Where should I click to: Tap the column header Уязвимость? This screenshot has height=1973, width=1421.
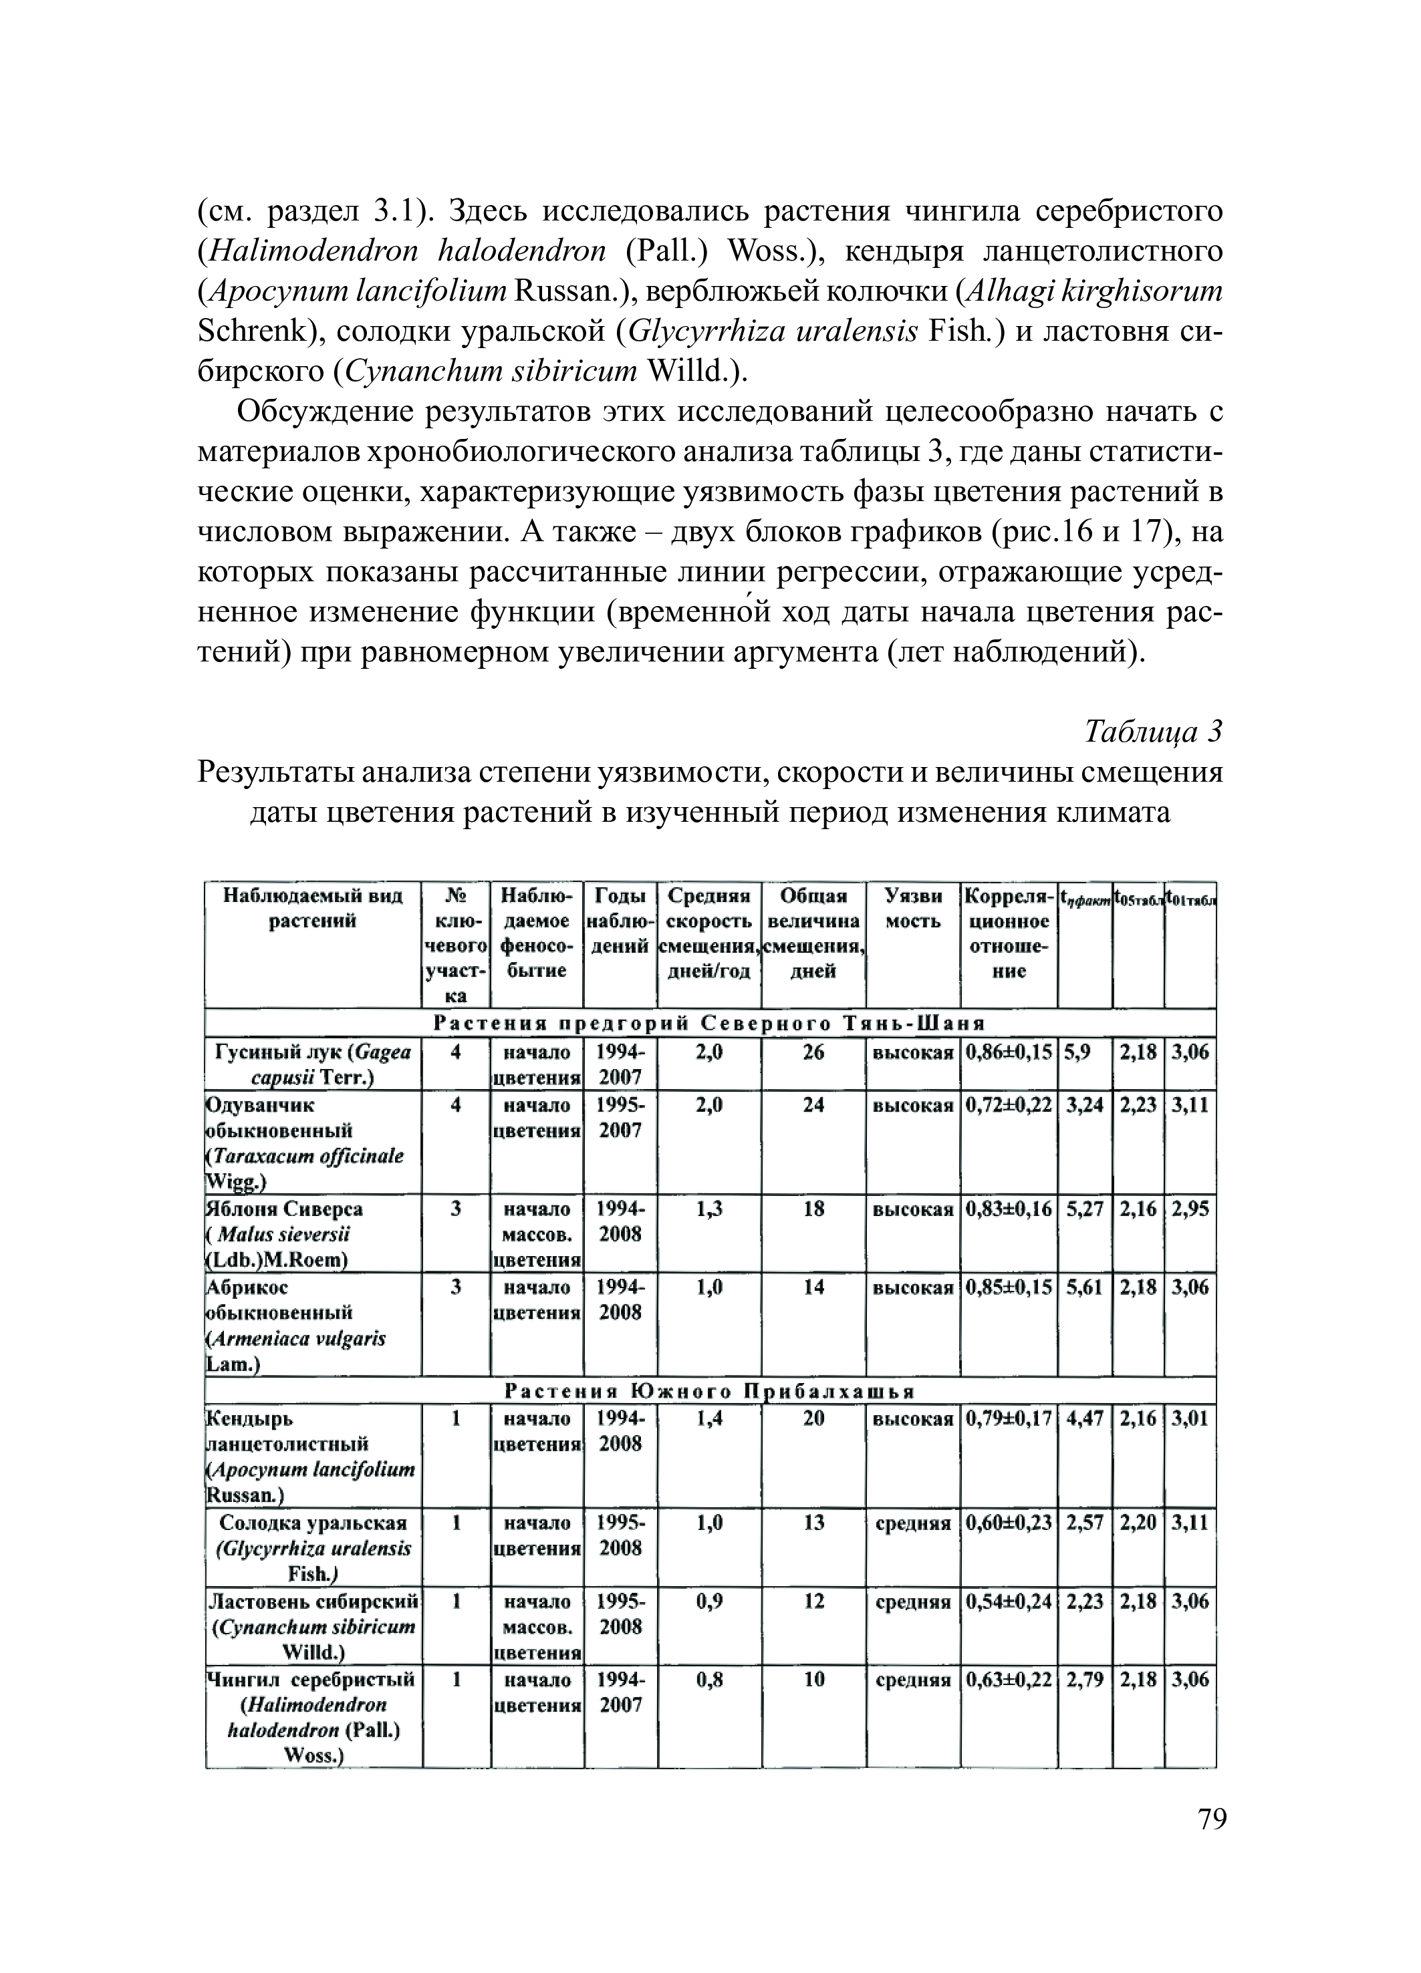click(913, 907)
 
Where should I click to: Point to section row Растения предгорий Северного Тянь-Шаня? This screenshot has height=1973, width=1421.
click(710, 1023)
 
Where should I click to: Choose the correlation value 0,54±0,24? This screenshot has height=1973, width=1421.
click(1009, 1602)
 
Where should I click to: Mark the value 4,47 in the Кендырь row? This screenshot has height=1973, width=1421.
click(1084, 1419)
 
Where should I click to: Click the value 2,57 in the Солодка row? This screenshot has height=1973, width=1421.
click(1084, 1523)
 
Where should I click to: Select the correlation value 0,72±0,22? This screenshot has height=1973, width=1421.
click(1009, 1105)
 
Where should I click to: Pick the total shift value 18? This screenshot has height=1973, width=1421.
click(813, 1209)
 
